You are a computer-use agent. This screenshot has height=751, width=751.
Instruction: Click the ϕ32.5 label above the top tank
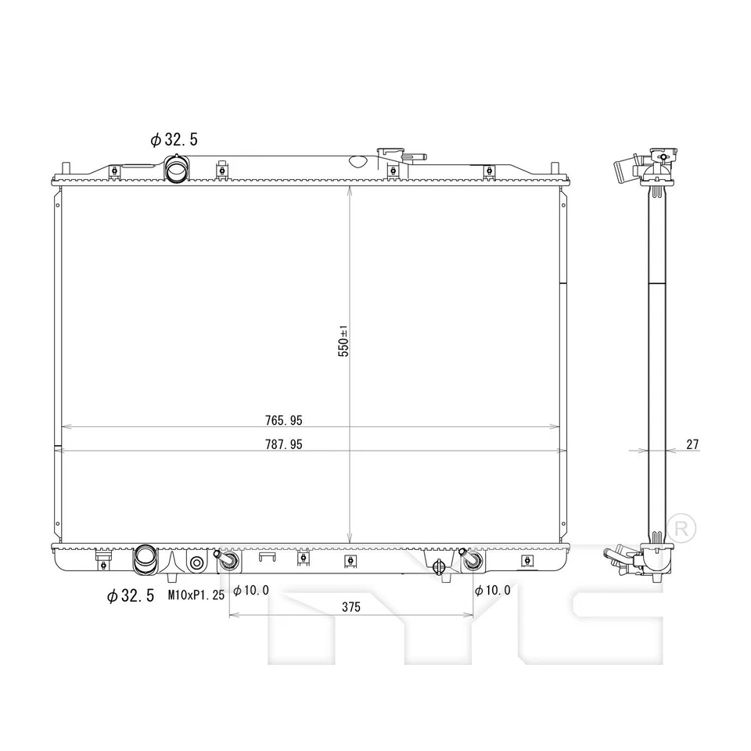tap(174, 140)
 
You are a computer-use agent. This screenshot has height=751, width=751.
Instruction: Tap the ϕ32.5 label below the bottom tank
tap(130, 596)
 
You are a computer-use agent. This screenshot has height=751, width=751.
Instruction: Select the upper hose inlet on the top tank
tap(177, 168)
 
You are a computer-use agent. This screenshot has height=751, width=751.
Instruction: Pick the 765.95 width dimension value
tap(283, 420)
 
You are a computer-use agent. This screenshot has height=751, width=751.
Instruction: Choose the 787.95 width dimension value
tap(283, 444)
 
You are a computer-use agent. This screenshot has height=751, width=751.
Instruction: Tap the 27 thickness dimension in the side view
tap(692, 444)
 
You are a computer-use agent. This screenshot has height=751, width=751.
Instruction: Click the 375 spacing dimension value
tap(350, 608)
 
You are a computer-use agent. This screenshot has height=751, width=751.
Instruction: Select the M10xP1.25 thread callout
tap(196, 595)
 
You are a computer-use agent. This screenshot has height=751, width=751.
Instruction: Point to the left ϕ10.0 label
tap(251, 590)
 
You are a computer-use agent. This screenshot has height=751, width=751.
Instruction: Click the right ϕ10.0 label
tap(492, 590)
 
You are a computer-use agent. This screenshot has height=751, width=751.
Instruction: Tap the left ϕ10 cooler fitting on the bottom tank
tap(228, 562)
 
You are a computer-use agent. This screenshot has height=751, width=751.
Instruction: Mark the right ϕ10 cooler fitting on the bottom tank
tap(471, 562)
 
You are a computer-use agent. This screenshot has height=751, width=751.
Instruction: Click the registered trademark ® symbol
tap(680, 526)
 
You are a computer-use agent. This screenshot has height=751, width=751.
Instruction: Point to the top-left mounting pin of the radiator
tap(66, 168)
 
